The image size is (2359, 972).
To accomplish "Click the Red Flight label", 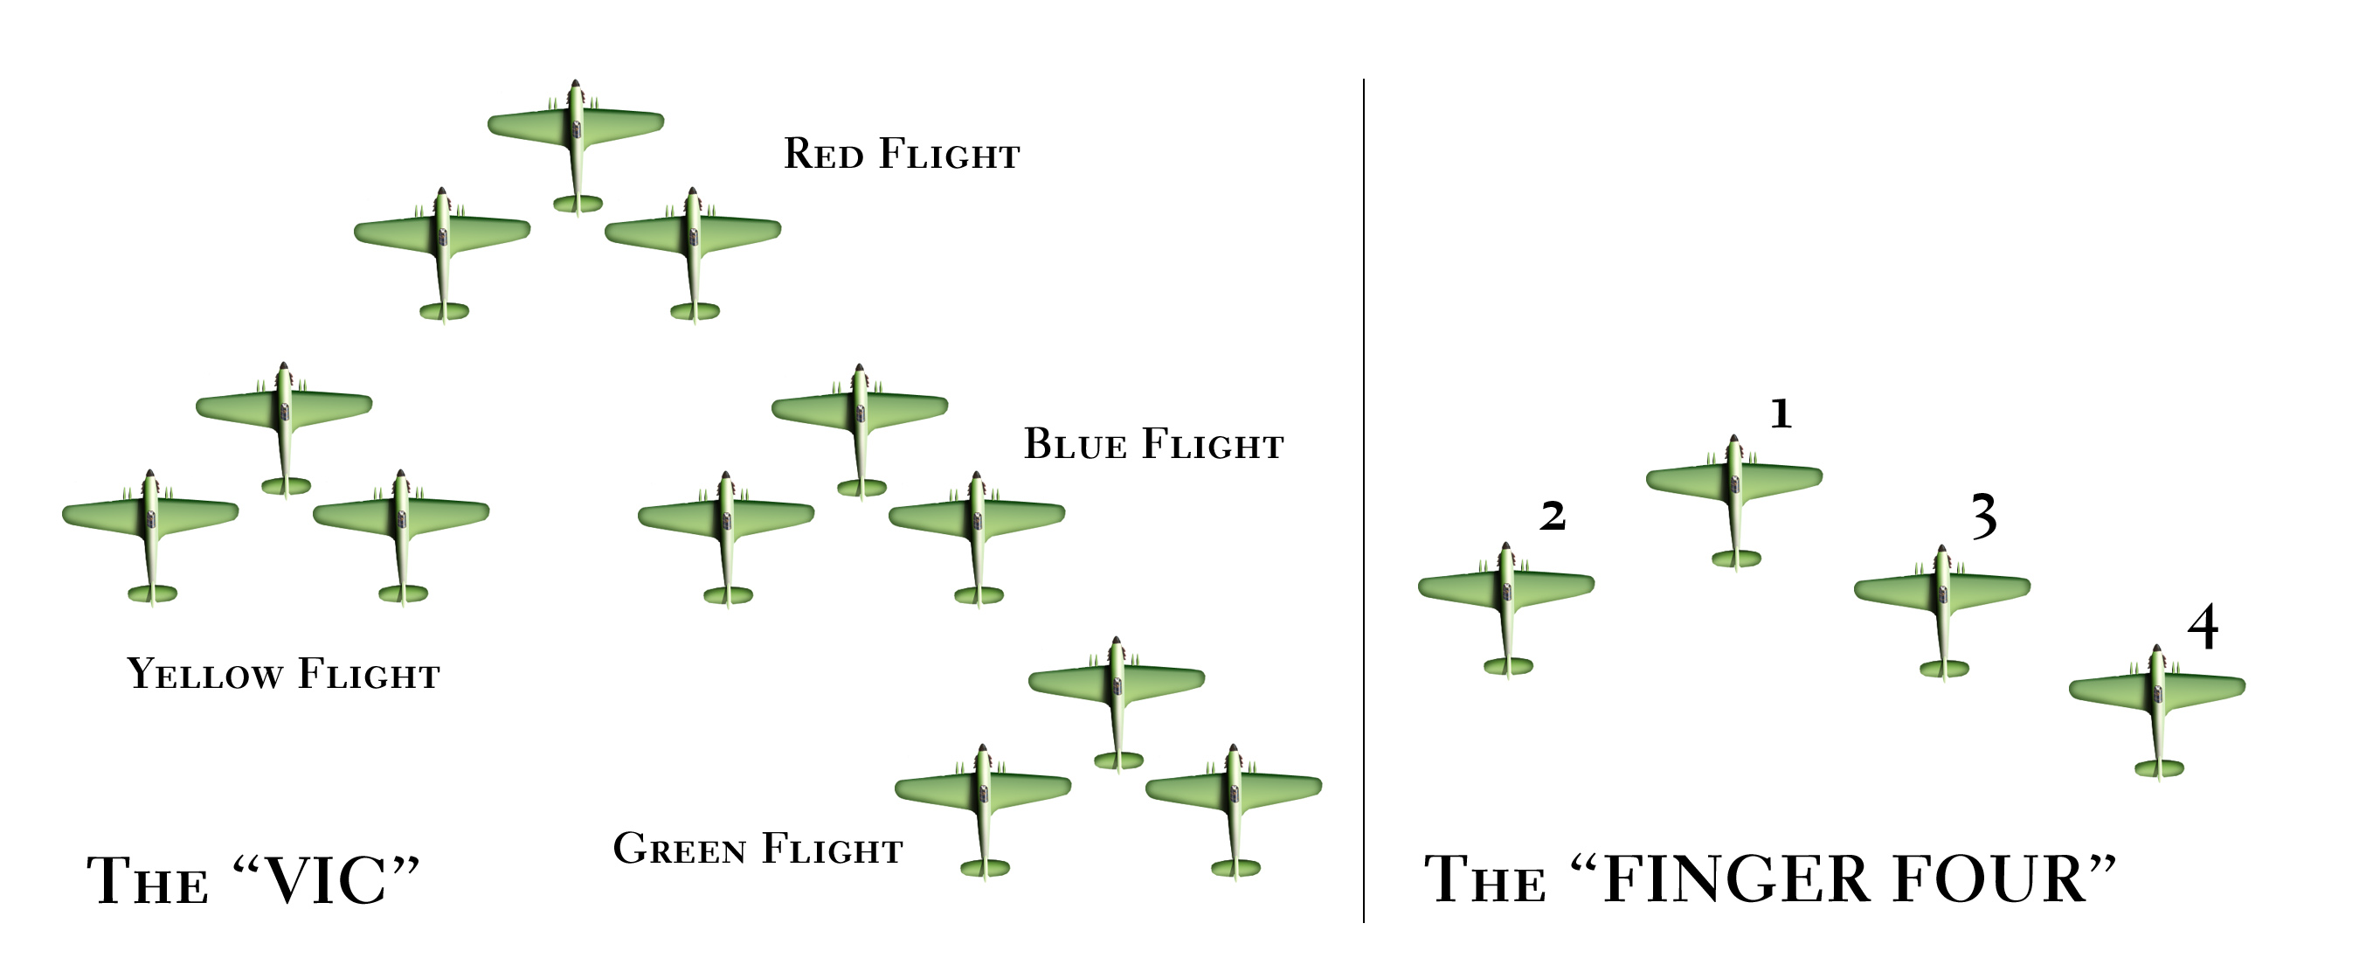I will (x=901, y=154).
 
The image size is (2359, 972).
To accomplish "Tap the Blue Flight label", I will (x=1153, y=444).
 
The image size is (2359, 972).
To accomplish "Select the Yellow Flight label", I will (x=283, y=674).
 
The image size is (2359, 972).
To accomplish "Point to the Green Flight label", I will (x=758, y=850).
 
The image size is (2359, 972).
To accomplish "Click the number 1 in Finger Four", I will (x=1781, y=414).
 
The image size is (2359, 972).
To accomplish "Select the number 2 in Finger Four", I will (x=1553, y=517).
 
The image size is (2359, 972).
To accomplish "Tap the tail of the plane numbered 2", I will (x=1508, y=666).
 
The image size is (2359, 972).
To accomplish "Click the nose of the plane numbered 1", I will (x=1733, y=440).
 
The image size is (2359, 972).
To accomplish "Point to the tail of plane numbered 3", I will (x=1944, y=669).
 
